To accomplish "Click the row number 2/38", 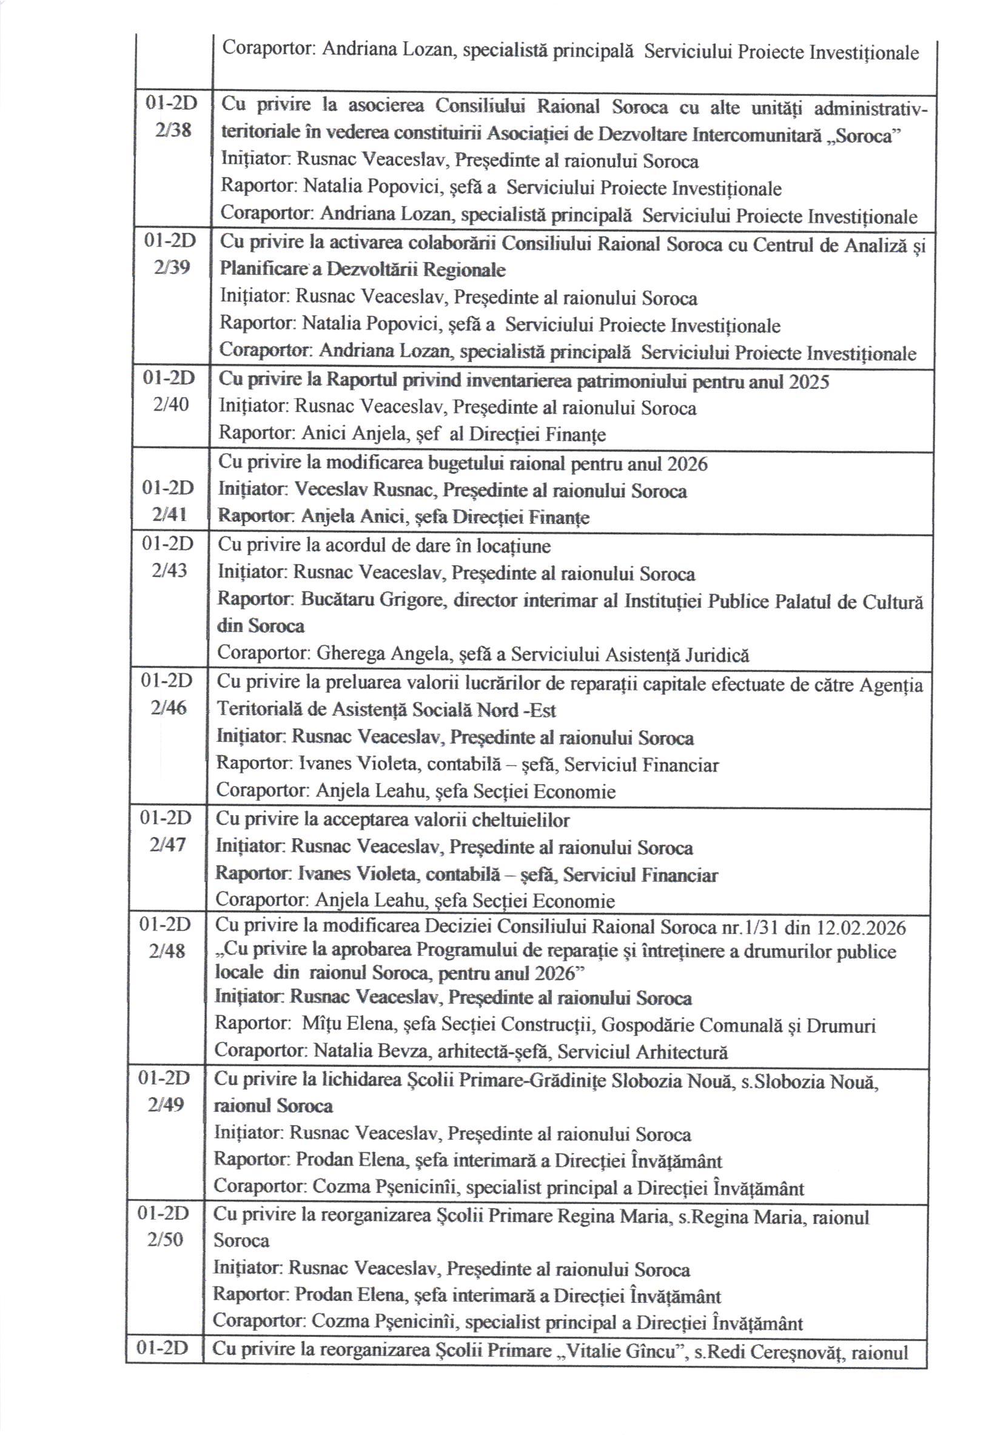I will pos(173,131).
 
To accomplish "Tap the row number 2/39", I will pos(172,268).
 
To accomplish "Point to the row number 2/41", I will pos(170,515).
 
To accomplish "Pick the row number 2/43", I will pos(169,570).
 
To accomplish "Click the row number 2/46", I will pos(169,708).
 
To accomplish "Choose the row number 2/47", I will pos(168,845).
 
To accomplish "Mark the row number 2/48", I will pos(167,951).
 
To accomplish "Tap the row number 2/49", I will pos(167,1105).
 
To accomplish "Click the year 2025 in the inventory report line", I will pos(809,381).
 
